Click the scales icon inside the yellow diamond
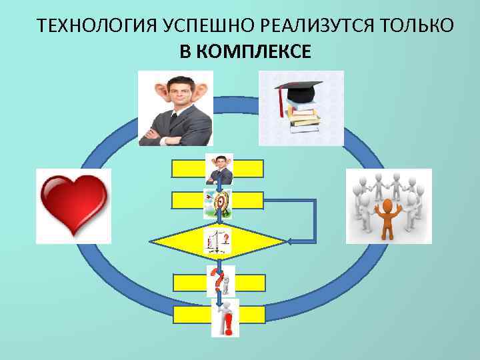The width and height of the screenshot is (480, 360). pyautogui.click(x=219, y=241)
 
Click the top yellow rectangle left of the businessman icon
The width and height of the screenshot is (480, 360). pyautogui.click(x=189, y=169)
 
